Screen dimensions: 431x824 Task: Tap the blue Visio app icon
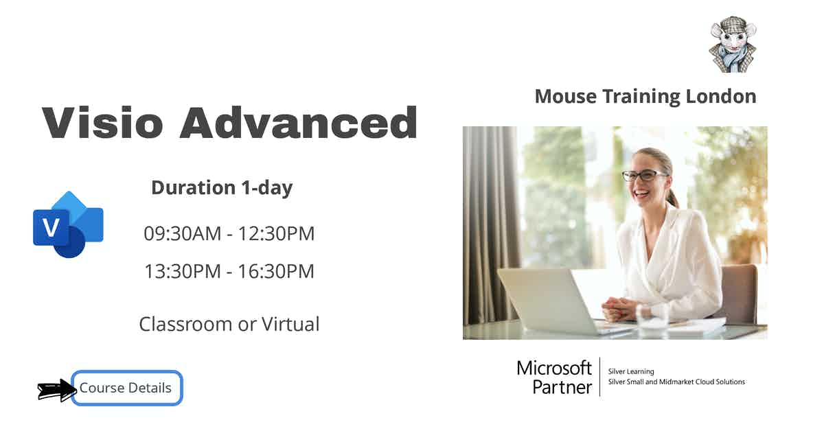[x=68, y=224]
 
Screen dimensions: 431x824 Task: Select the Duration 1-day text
[x=222, y=187]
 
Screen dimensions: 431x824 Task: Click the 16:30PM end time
[x=276, y=271]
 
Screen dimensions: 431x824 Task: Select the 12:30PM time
[x=276, y=233]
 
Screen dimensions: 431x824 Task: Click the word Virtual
[x=288, y=324]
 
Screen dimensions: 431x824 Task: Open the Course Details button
[x=126, y=388]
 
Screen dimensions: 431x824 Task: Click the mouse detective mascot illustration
[x=732, y=45]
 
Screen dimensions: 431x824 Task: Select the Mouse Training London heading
[x=645, y=96]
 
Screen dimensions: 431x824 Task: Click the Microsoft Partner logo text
[x=554, y=377]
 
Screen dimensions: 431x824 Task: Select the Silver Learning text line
[x=631, y=371]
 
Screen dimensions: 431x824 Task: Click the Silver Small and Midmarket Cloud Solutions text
[x=676, y=382]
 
